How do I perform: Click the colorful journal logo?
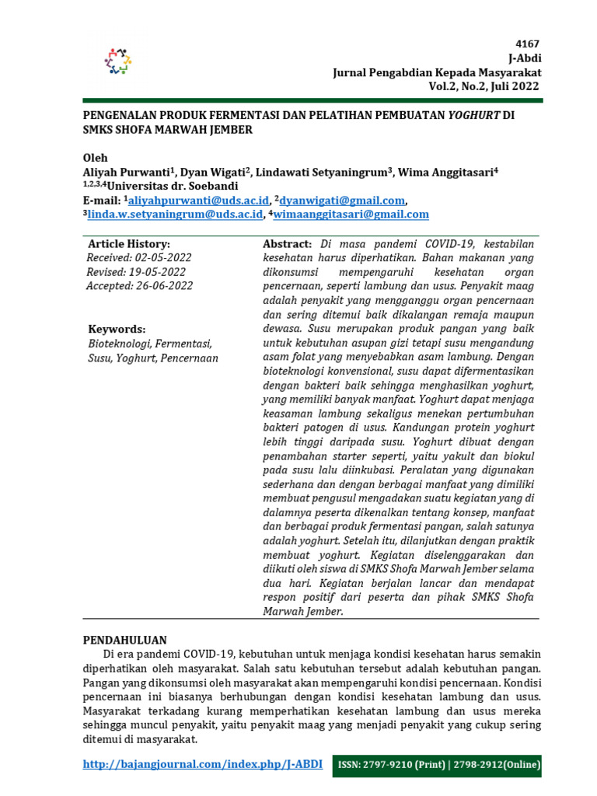click(x=118, y=61)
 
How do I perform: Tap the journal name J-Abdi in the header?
click(x=525, y=58)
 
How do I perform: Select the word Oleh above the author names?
click(x=96, y=158)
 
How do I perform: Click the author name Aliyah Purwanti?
click(x=127, y=173)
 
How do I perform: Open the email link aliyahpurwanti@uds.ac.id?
click(x=197, y=201)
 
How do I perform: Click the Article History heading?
click(x=128, y=244)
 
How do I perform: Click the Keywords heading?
click(x=117, y=329)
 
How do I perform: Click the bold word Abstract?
click(x=288, y=244)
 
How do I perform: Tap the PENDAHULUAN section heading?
click(x=125, y=640)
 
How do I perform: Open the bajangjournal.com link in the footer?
click(x=202, y=765)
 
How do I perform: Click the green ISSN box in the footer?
click(x=438, y=766)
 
